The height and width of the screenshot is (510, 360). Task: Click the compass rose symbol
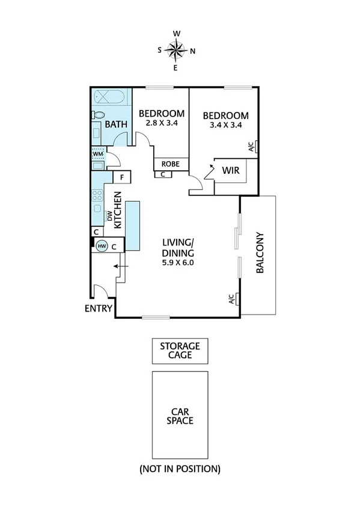click(x=175, y=51)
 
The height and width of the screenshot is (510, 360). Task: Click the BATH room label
click(x=116, y=124)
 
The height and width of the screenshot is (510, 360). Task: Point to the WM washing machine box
click(x=98, y=155)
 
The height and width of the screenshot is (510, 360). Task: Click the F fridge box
click(x=122, y=177)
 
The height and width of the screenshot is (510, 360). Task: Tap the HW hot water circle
click(x=102, y=245)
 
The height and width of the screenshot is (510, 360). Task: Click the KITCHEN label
click(x=118, y=210)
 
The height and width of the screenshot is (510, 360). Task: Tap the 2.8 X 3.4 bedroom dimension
click(x=161, y=123)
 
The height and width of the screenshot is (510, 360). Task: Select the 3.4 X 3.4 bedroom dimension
click(x=225, y=126)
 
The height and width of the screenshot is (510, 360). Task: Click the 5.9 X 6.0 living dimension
click(x=178, y=262)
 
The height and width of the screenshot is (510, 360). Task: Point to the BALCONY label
click(x=260, y=253)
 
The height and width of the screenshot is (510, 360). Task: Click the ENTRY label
click(x=99, y=309)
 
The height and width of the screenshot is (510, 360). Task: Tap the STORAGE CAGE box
click(x=180, y=350)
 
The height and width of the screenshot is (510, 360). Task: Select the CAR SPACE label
click(x=180, y=416)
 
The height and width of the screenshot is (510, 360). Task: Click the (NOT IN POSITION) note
click(x=180, y=468)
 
